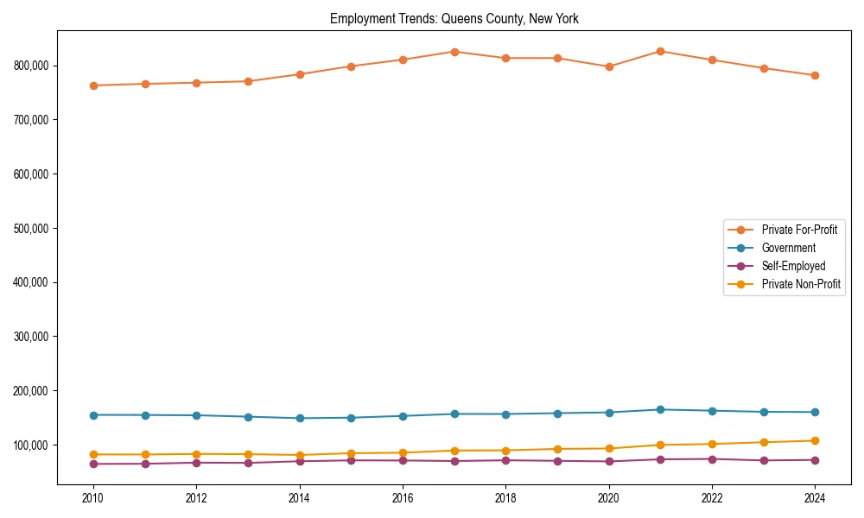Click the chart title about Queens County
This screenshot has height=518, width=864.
[x=454, y=18]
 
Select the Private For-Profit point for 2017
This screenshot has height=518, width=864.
[x=454, y=52]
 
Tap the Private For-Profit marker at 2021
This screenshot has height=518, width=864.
[x=660, y=51]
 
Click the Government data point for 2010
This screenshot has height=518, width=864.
[x=93, y=415]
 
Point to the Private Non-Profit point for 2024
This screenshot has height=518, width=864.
[x=815, y=440]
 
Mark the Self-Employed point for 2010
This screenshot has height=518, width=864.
[x=93, y=464]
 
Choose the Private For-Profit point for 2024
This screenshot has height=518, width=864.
[x=815, y=75]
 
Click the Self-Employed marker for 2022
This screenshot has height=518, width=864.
[x=712, y=459]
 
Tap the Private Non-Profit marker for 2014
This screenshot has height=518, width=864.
[x=300, y=455]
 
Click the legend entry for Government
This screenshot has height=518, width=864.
[x=788, y=248]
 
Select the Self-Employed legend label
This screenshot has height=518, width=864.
[x=793, y=266]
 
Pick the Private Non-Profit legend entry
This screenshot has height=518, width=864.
[x=801, y=284]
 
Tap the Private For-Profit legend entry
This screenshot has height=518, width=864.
[x=799, y=230]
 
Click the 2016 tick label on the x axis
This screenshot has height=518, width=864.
[x=403, y=498]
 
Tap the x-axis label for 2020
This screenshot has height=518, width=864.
[x=609, y=498]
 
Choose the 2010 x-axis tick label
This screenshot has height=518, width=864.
[x=93, y=498]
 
